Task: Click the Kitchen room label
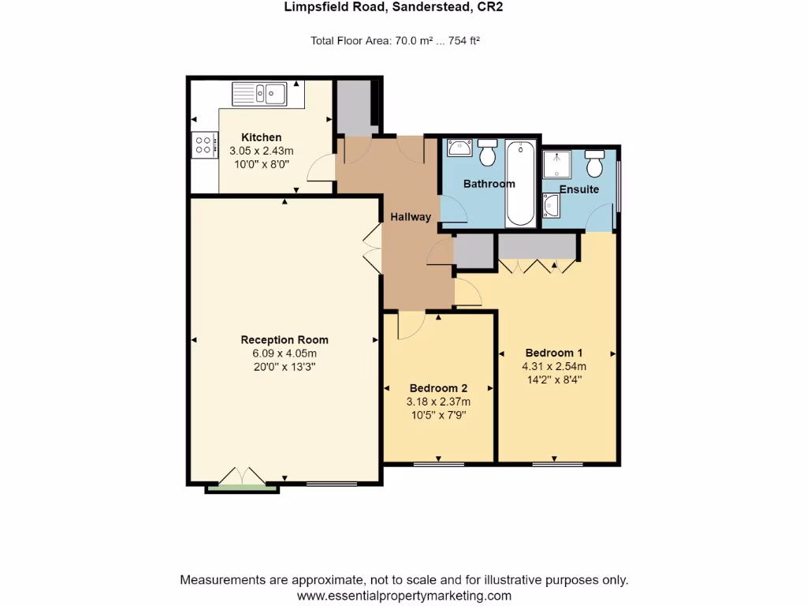pyautogui.click(x=261, y=137)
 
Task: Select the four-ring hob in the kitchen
pyautogui.click(x=203, y=144)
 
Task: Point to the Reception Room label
pyautogui.click(x=284, y=340)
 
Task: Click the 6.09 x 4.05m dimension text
pyautogui.click(x=284, y=353)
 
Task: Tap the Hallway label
pyautogui.click(x=411, y=216)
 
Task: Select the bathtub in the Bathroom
pyautogui.click(x=520, y=183)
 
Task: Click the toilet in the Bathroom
pyautogui.click(x=488, y=154)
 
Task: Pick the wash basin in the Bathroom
pyautogui.click(x=458, y=148)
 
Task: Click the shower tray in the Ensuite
pyautogui.click(x=558, y=165)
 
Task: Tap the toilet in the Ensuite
pyautogui.click(x=595, y=164)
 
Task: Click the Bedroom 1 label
pyautogui.click(x=554, y=353)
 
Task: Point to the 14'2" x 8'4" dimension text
pyautogui.click(x=554, y=379)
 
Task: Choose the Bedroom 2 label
pyautogui.click(x=438, y=388)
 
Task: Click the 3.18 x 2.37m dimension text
pyautogui.click(x=438, y=402)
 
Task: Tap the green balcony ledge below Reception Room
pyautogui.click(x=242, y=489)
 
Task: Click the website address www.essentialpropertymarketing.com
pyautogui.click(x=404, y=596)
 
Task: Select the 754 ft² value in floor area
pyautogui.click(x=464, y=41)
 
